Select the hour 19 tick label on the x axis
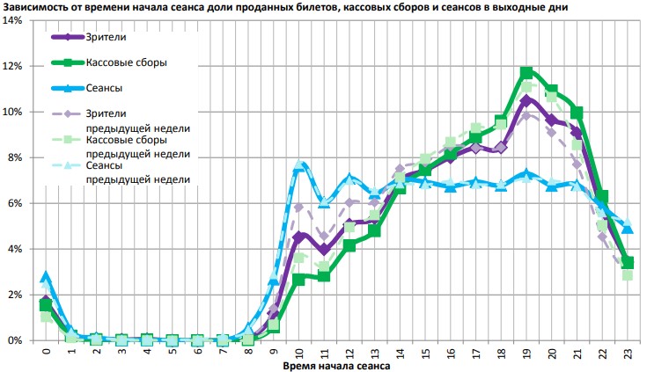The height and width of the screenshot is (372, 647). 526,354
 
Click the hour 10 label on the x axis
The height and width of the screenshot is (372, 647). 298,354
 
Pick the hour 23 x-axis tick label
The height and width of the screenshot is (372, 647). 628,354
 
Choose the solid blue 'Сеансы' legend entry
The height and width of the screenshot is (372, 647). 104,88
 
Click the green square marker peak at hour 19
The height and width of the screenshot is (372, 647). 526,73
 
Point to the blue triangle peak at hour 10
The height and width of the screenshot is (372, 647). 298,166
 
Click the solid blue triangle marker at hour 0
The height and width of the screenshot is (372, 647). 46,276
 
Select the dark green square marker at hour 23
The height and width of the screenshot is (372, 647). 628,262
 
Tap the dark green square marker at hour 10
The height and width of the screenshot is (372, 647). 298,280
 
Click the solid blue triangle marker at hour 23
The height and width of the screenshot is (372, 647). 628,229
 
